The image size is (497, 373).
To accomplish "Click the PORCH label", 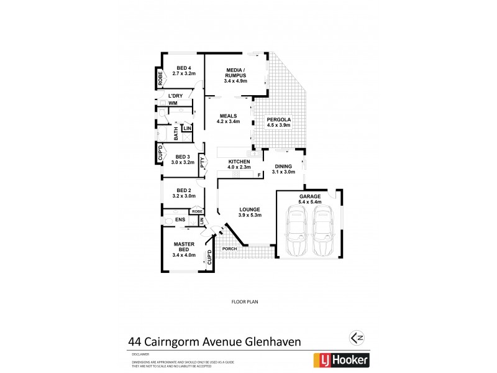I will coord(230,249).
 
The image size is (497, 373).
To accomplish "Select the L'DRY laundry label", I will coord(175,95).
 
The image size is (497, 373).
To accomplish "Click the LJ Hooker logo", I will coord(343,359).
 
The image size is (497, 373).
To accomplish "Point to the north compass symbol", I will coord(357,338).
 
